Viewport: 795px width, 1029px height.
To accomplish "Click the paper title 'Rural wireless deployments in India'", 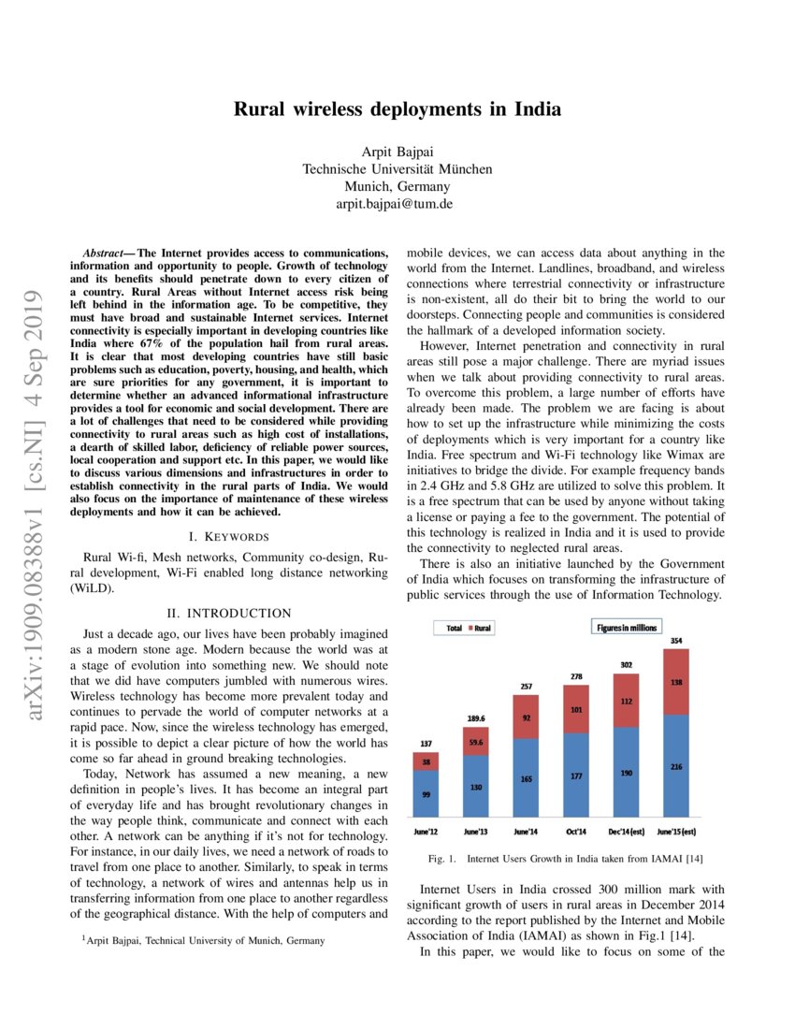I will [397, 109].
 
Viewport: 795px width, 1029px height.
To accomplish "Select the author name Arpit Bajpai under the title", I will [397, 152].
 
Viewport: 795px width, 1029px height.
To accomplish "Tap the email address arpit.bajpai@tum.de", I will [397, 203].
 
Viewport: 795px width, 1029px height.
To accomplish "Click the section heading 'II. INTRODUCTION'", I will [229, 613].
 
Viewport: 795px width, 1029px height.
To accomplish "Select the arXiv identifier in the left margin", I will [39, 505].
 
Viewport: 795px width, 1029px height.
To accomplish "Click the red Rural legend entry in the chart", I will [480, 629].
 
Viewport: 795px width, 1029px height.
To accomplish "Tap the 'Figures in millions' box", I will [626, 628].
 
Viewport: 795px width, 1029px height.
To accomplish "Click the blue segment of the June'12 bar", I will [426, 795].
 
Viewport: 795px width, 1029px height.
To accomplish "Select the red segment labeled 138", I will [676, 683].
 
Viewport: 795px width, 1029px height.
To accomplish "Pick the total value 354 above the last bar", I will [676, 641].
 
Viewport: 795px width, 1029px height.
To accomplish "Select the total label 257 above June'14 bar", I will [527, 687].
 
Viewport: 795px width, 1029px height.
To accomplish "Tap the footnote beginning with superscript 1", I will [204, 940].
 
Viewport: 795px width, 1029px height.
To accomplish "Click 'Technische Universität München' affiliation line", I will [397, 169].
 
